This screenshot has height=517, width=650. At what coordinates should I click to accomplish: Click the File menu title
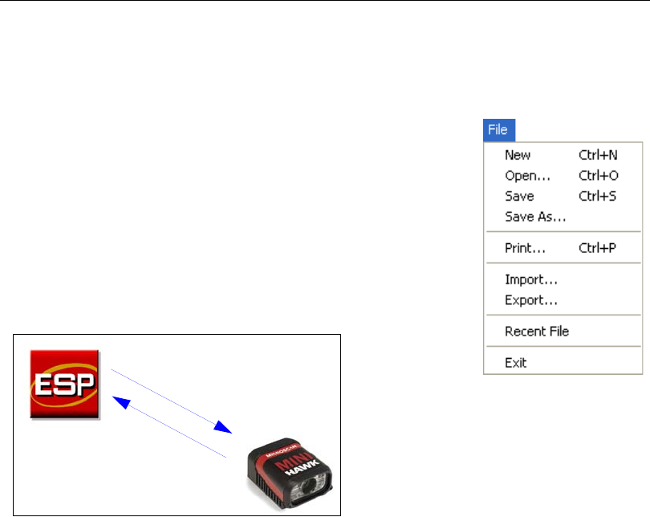click(x=500, y=129)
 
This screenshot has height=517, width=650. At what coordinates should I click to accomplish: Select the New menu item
click(x=518, y=155)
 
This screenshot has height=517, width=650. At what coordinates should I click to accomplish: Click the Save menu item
click(x=519, y=196)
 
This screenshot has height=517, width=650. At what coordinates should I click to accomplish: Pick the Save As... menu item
click(x=535, y=216)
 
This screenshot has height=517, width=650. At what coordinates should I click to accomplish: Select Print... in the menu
click(x=525, y=248)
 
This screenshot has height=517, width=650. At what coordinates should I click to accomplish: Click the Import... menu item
click(x=531, y=280)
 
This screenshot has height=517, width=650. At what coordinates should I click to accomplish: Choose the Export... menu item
click(x=531, y=301)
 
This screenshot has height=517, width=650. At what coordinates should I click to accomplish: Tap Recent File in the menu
click(x=536, y=331)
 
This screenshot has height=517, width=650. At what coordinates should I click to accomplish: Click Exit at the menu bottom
click(x=515, y=362)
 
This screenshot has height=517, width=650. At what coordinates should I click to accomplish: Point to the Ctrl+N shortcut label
click(x=599, y=155)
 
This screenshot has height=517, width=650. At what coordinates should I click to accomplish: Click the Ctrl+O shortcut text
click(x=599, y=175)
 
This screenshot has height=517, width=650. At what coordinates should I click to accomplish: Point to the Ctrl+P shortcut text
click(x=598, y=248)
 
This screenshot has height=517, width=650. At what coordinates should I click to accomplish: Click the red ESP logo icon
click(x=64, y=384)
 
